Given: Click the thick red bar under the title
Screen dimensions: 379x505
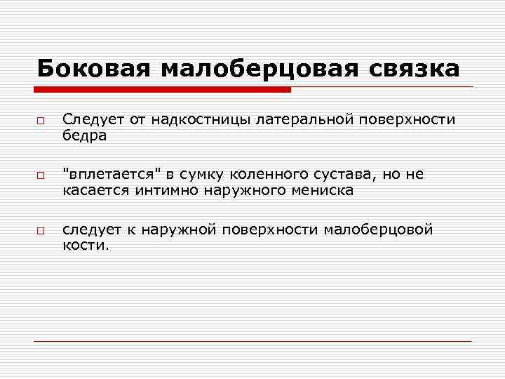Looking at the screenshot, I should coord(163,90).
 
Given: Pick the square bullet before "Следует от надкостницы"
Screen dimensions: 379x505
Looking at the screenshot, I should coord(41,122).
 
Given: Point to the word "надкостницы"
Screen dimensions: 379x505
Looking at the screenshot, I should coord(190,120).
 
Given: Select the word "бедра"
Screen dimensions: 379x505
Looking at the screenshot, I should coord(84,136).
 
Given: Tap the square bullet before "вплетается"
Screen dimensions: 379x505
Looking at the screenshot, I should coord(41,176).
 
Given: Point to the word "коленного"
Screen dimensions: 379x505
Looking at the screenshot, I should coord(265,174).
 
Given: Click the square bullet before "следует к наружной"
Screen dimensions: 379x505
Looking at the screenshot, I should coord(41,231).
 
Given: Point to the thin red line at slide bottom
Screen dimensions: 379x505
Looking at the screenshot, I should coord(252,341).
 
